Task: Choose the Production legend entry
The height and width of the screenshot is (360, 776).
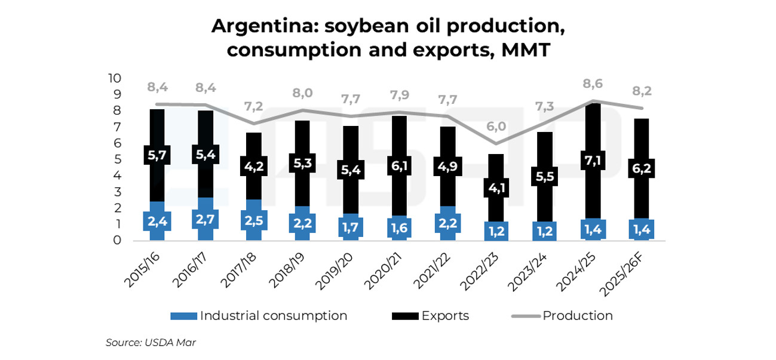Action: click(x=577, y=316)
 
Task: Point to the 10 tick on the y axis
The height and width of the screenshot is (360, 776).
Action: click(x=114, y=79)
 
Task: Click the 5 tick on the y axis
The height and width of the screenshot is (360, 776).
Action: click(x=118, y=160)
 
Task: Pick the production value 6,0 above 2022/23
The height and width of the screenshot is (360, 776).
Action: click(x=496, y=127)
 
